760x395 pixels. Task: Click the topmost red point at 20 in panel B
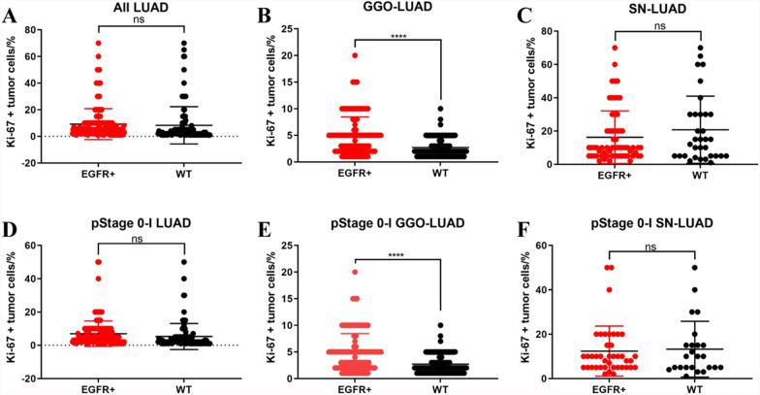pyautogui.click(x=356, y=55)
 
